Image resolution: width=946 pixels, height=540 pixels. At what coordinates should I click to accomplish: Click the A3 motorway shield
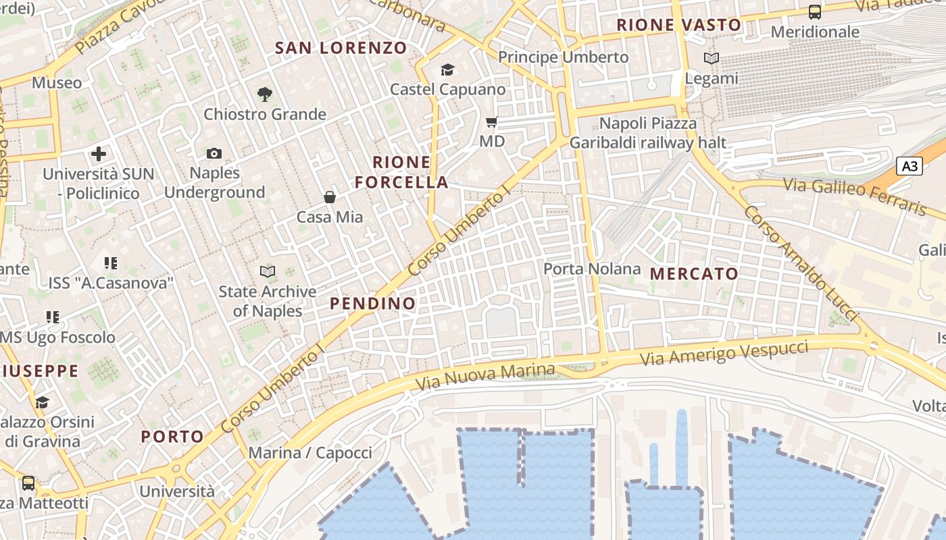click(x=910, y=166)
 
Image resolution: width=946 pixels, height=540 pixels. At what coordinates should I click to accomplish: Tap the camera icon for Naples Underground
click(x=214, y=154)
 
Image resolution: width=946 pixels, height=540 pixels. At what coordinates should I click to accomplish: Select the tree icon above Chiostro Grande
click(x=265, y=94)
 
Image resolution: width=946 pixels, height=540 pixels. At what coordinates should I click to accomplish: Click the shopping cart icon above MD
click(x=492, y=122)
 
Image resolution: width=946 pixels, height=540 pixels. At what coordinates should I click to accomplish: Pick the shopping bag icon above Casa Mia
click(x=330, y=197)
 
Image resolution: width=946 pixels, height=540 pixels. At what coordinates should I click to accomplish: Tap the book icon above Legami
click(x=712, y=59)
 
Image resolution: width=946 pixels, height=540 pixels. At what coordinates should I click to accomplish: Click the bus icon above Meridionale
click(x=815, y=12)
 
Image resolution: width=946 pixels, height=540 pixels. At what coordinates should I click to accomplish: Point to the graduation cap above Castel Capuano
click(x=447, y=70)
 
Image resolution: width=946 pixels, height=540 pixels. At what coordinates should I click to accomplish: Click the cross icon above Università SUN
click(x=99, y=154)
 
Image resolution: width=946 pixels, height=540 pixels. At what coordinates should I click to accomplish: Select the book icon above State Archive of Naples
click(x=268, y=271)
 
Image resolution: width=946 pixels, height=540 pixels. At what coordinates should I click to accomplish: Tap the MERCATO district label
click(x=694, y=273)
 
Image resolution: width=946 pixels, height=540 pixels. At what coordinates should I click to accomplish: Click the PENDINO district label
click(x=373, y=304)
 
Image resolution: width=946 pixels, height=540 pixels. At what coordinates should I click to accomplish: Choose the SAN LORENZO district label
click(x=341, y=48)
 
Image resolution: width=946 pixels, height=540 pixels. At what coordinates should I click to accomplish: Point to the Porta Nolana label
click(x=592, y=269)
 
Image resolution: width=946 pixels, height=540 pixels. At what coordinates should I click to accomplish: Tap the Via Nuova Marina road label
click(x=485, y=376)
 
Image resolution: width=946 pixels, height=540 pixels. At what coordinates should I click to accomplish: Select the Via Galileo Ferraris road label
click(x=854, y=196)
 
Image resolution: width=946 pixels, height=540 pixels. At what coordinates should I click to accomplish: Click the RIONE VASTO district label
click(x=679, y=26)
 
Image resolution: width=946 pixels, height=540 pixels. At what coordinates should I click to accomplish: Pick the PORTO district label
click(x=172, y=437)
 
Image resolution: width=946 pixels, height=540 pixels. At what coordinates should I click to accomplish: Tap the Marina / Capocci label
click(x=310, y=453)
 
